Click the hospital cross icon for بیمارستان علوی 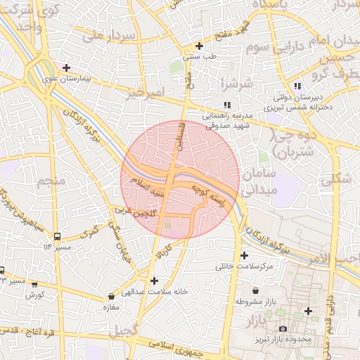[x=66, y=68]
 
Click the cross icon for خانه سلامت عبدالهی [x=154, y=281]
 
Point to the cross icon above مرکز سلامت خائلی [x=245, y=255]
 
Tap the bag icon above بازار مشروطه [x=255, y=290]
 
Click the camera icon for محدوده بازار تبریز [x=283, y=328]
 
